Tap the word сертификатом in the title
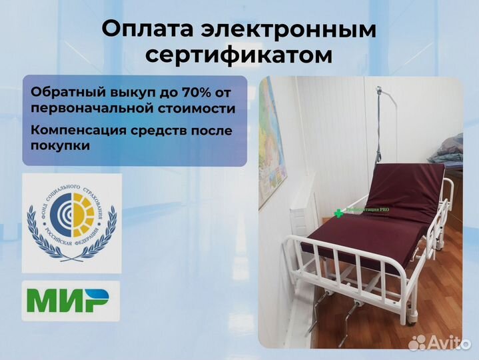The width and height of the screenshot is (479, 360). [x=239, y=55]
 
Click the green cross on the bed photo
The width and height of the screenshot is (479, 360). [x=339, y=213]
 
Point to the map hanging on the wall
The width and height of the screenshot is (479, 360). [x=272, y=133]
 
